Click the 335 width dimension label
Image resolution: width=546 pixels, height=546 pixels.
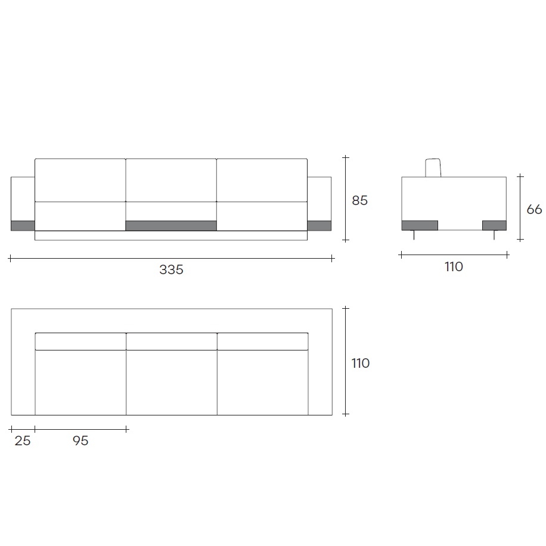171,269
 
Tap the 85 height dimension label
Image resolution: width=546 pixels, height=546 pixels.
359,200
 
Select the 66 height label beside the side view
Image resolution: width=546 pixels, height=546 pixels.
534,209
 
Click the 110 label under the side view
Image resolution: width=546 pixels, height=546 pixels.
454,266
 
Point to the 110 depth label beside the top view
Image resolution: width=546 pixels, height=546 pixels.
361,363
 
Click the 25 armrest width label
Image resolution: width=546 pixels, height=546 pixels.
23,441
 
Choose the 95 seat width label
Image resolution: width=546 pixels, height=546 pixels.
80,441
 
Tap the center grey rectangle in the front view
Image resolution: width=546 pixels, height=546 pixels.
171,226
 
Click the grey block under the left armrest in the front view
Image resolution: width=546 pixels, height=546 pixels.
23,226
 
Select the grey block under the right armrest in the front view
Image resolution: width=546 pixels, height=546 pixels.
319,226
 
